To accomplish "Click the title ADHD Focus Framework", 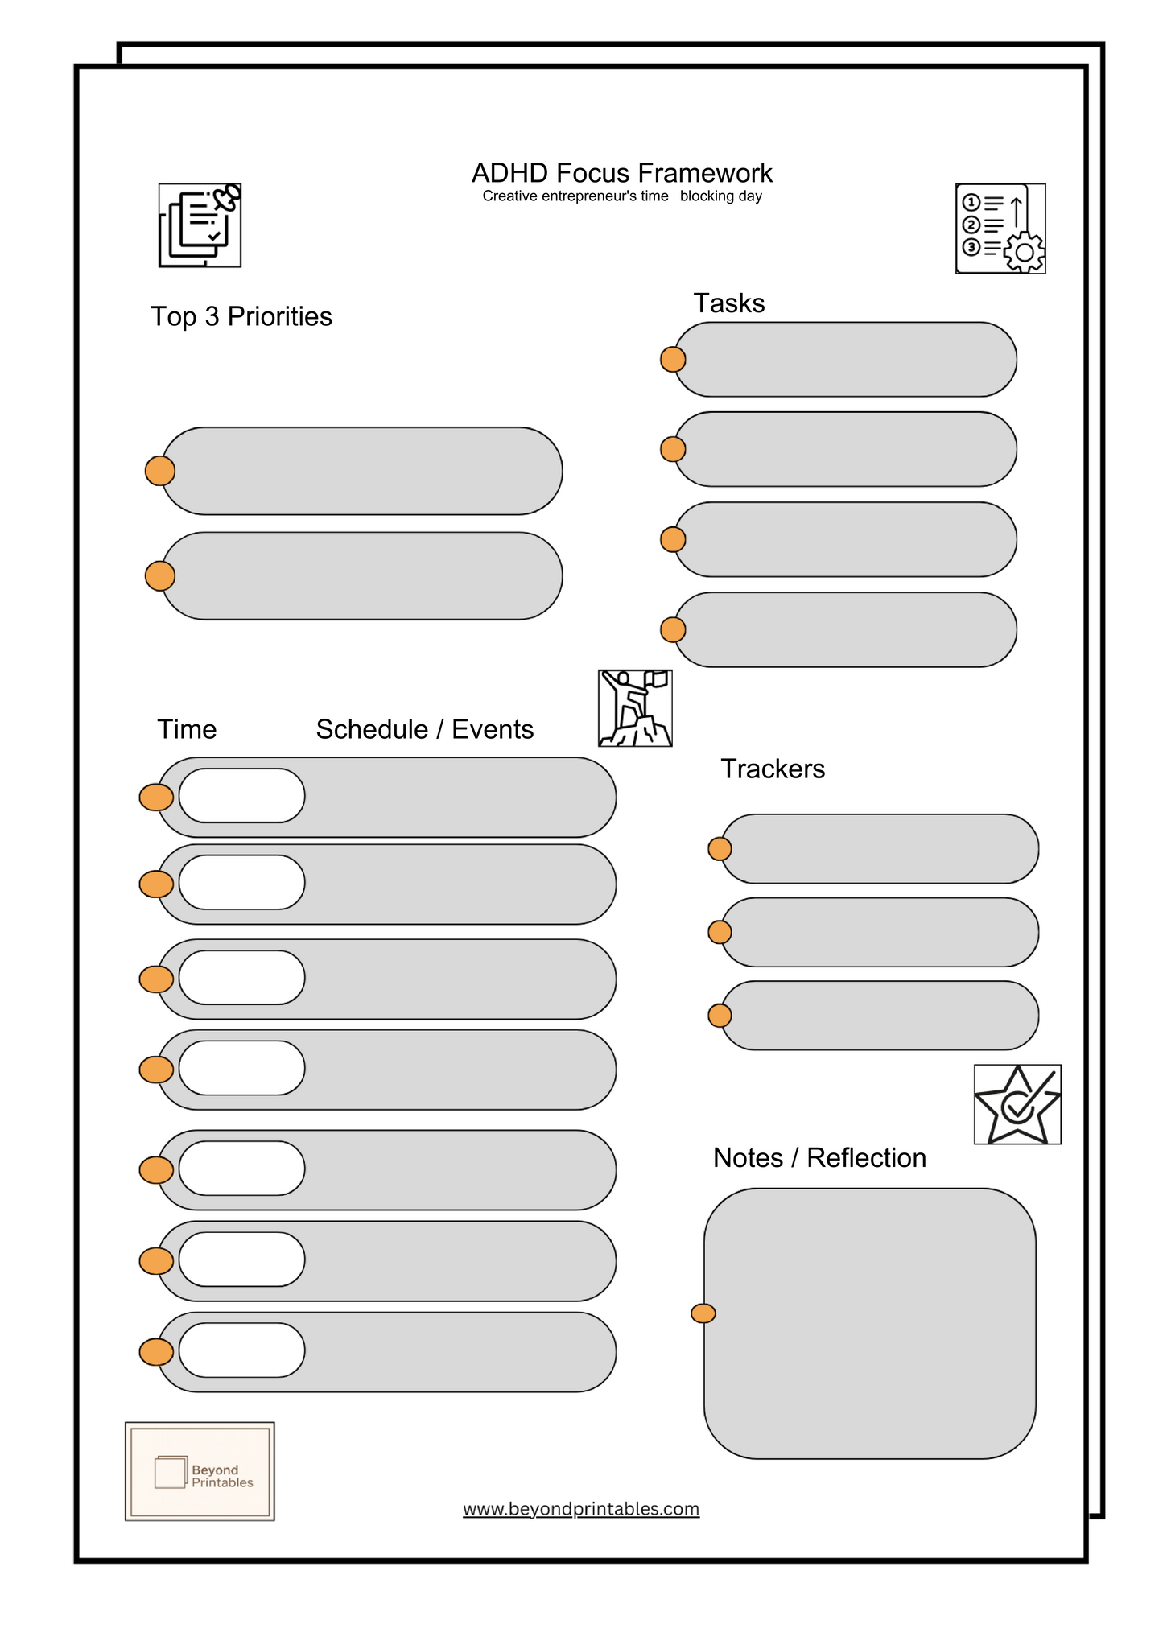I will coord(621,173).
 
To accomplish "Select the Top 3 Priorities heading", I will coord(241,316).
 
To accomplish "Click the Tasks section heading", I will coord(728,303).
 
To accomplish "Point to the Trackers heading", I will coord(772,769).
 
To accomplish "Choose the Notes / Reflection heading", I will coord(819,1157).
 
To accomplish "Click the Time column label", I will coord(187,729).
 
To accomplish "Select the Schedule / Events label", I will coord(424,729).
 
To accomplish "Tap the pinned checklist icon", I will coord(200,225).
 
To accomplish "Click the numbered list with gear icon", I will coord(1000,229).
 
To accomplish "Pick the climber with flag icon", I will coord(635,708).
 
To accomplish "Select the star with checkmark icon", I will coord(1017,1104).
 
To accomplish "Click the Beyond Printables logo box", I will coord(200,1471).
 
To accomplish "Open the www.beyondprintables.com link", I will coord(581,1509).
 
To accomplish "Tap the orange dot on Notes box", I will coord(703,1313).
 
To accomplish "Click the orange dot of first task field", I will coord(673,360).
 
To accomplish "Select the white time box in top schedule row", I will coord(241,796).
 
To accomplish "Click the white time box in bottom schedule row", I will coord(241,1350).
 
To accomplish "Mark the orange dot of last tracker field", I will coord(720,1016).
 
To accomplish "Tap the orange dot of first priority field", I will coord(160,471).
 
